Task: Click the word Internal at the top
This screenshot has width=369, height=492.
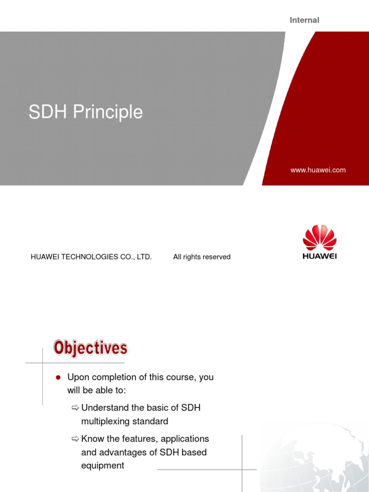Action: (304, 20)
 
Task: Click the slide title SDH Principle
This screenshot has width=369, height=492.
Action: (86, 112)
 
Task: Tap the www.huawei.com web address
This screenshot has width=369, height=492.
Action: (318, 170)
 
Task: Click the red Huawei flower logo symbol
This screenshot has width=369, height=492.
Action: (320, 238)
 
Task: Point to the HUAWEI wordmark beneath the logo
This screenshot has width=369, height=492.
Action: (320, 256)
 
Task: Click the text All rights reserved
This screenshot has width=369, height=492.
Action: (202, 257)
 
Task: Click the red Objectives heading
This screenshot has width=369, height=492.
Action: (90, 348)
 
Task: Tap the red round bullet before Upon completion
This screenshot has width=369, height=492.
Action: (58, 378)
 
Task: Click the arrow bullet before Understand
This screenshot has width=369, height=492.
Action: (75, 408)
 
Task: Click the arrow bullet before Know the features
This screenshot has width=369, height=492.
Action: (75, 439)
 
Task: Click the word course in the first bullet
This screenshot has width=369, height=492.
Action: (182, 377)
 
